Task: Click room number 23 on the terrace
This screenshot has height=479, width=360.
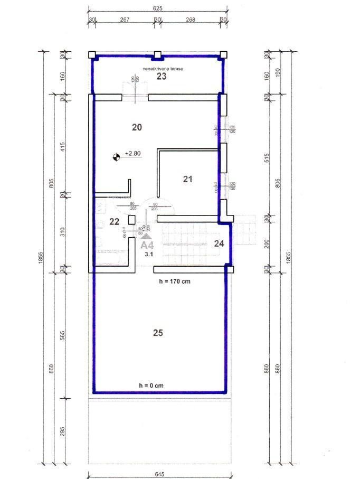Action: coord(161,77)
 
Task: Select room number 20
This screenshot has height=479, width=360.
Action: coord(137,127)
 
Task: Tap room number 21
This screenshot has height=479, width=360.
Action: coord(187,179)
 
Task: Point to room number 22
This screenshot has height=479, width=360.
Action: coord(114,221)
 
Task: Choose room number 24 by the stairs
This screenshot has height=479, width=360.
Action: coord(220,243)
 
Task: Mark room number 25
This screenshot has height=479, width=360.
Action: coord(158,333)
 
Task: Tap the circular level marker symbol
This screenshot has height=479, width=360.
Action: coord(116,156)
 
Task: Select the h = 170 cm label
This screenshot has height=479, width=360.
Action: coord(175,281)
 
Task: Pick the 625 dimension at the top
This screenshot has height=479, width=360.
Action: coord(157,8)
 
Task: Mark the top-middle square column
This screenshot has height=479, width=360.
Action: coord(157,54)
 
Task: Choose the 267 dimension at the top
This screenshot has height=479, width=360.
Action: coord(125,20)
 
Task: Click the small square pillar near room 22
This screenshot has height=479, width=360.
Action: coord(132,220)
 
